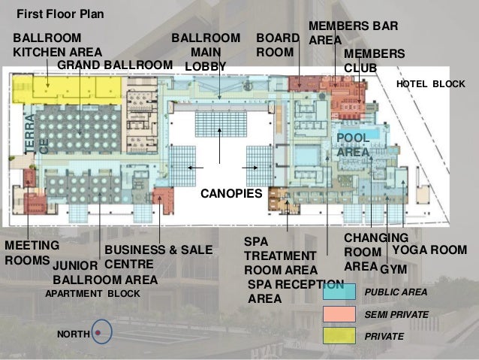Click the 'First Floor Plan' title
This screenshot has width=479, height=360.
[60, 14]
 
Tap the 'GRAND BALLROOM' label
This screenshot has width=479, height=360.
[115, 65]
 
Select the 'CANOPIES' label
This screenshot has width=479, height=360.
[231, 193]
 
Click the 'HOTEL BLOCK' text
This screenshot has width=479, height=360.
[431, 84]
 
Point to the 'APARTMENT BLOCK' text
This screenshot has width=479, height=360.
[92, 294]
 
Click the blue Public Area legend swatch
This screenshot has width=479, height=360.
[339, 292]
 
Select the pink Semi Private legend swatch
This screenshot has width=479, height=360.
[339, 314]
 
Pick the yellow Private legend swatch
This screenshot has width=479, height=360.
[339, 336]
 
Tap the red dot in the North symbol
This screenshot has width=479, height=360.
[98, 332]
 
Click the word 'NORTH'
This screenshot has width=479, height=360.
[74, 334]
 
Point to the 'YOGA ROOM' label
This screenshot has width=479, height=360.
[429, 250]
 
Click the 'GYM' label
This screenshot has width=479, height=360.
[393, 270]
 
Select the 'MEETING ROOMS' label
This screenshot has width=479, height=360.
[32, 253]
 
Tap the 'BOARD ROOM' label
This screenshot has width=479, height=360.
[278, 45]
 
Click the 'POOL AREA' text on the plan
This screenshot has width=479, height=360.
[353, 144]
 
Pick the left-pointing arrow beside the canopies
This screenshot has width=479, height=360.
[195, 168]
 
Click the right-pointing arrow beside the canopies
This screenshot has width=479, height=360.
[250, 168]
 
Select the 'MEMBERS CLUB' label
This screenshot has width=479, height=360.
[374, 61]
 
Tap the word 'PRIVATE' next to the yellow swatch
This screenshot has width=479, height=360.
[384, 337]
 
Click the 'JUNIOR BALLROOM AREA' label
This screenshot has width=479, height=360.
[105, 273]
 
